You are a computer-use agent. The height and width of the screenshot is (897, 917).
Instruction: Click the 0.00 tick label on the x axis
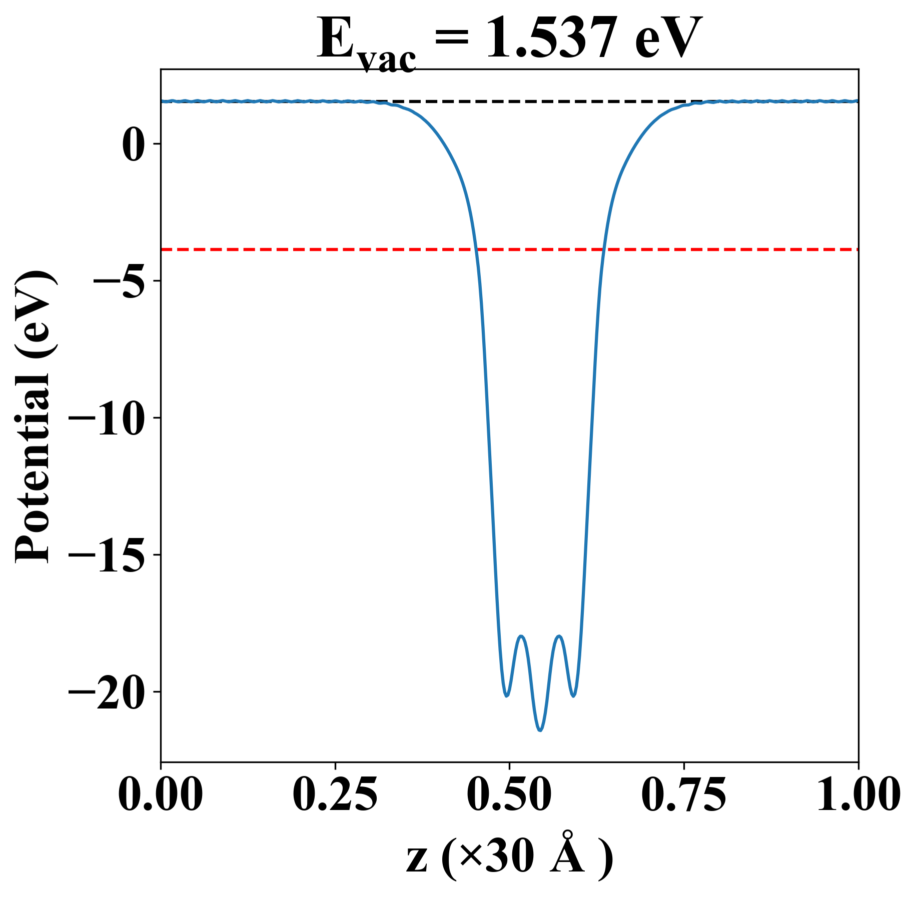pos(161,795)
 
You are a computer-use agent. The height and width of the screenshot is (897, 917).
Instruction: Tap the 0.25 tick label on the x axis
pos(335,795)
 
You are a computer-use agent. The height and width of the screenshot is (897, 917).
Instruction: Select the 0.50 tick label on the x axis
pos(509,795)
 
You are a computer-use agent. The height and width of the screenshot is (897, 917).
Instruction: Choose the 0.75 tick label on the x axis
pos(683,795)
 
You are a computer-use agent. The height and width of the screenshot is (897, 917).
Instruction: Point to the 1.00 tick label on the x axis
pos(857,795)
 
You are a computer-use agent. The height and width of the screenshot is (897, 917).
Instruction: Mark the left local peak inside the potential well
pos(521,636)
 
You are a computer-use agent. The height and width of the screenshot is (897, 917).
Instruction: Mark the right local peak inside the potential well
pos(559,636)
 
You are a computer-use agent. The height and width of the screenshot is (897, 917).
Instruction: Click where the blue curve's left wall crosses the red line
pos(476,249)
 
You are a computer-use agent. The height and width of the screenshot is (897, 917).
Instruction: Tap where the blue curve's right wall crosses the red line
pos(604,249)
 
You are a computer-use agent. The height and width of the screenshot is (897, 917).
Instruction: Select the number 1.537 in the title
pos(553,39)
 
